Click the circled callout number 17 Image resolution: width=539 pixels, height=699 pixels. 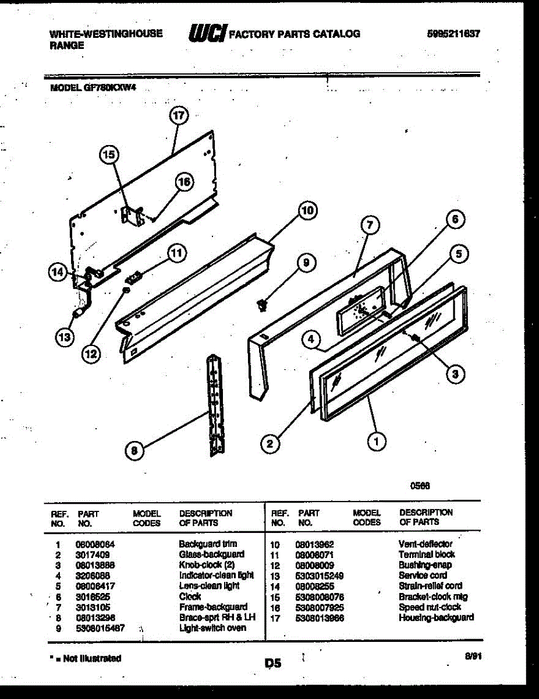(179, 115)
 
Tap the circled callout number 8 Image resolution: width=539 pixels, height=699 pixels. (134, 449)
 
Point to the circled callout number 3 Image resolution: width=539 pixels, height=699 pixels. (455, 375)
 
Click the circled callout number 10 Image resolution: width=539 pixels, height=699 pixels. (308, 210)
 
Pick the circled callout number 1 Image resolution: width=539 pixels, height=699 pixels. (377, 442)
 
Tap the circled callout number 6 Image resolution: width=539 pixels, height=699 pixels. (456, 219)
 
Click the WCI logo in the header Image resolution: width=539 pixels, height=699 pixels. (207, 34)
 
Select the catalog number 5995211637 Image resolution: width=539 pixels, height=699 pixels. (453, 34)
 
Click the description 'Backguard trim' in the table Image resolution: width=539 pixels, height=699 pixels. (208, 543)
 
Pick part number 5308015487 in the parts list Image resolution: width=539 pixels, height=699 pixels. (100, 628)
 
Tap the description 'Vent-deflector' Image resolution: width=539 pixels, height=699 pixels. (425, 544)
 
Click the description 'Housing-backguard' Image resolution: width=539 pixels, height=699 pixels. (436, 617)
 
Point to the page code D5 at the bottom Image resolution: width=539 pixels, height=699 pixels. (273, 663)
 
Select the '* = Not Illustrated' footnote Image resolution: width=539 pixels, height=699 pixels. (86, 658)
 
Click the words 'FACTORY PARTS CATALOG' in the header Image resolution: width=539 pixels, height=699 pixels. (295, 34)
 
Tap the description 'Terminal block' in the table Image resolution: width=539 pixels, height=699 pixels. (427, 555)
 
